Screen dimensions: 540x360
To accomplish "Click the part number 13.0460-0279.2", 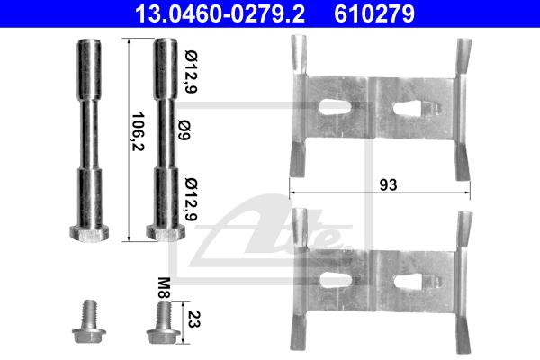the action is (x=220, y=13).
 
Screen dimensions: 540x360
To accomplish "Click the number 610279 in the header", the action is (x=374, y=13).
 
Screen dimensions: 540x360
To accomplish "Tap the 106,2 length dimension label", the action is (x=138, y=131).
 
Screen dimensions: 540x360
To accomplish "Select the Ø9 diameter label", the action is (x=184, y=130).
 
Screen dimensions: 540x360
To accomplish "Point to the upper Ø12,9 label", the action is (x=191, y=72).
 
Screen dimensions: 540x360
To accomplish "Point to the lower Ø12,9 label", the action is (x=191, y=199).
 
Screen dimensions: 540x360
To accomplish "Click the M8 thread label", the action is (x=165, y=288).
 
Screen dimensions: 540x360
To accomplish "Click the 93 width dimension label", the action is (x=388, y=185).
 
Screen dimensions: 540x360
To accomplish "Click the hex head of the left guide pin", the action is (x=89, y=232).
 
